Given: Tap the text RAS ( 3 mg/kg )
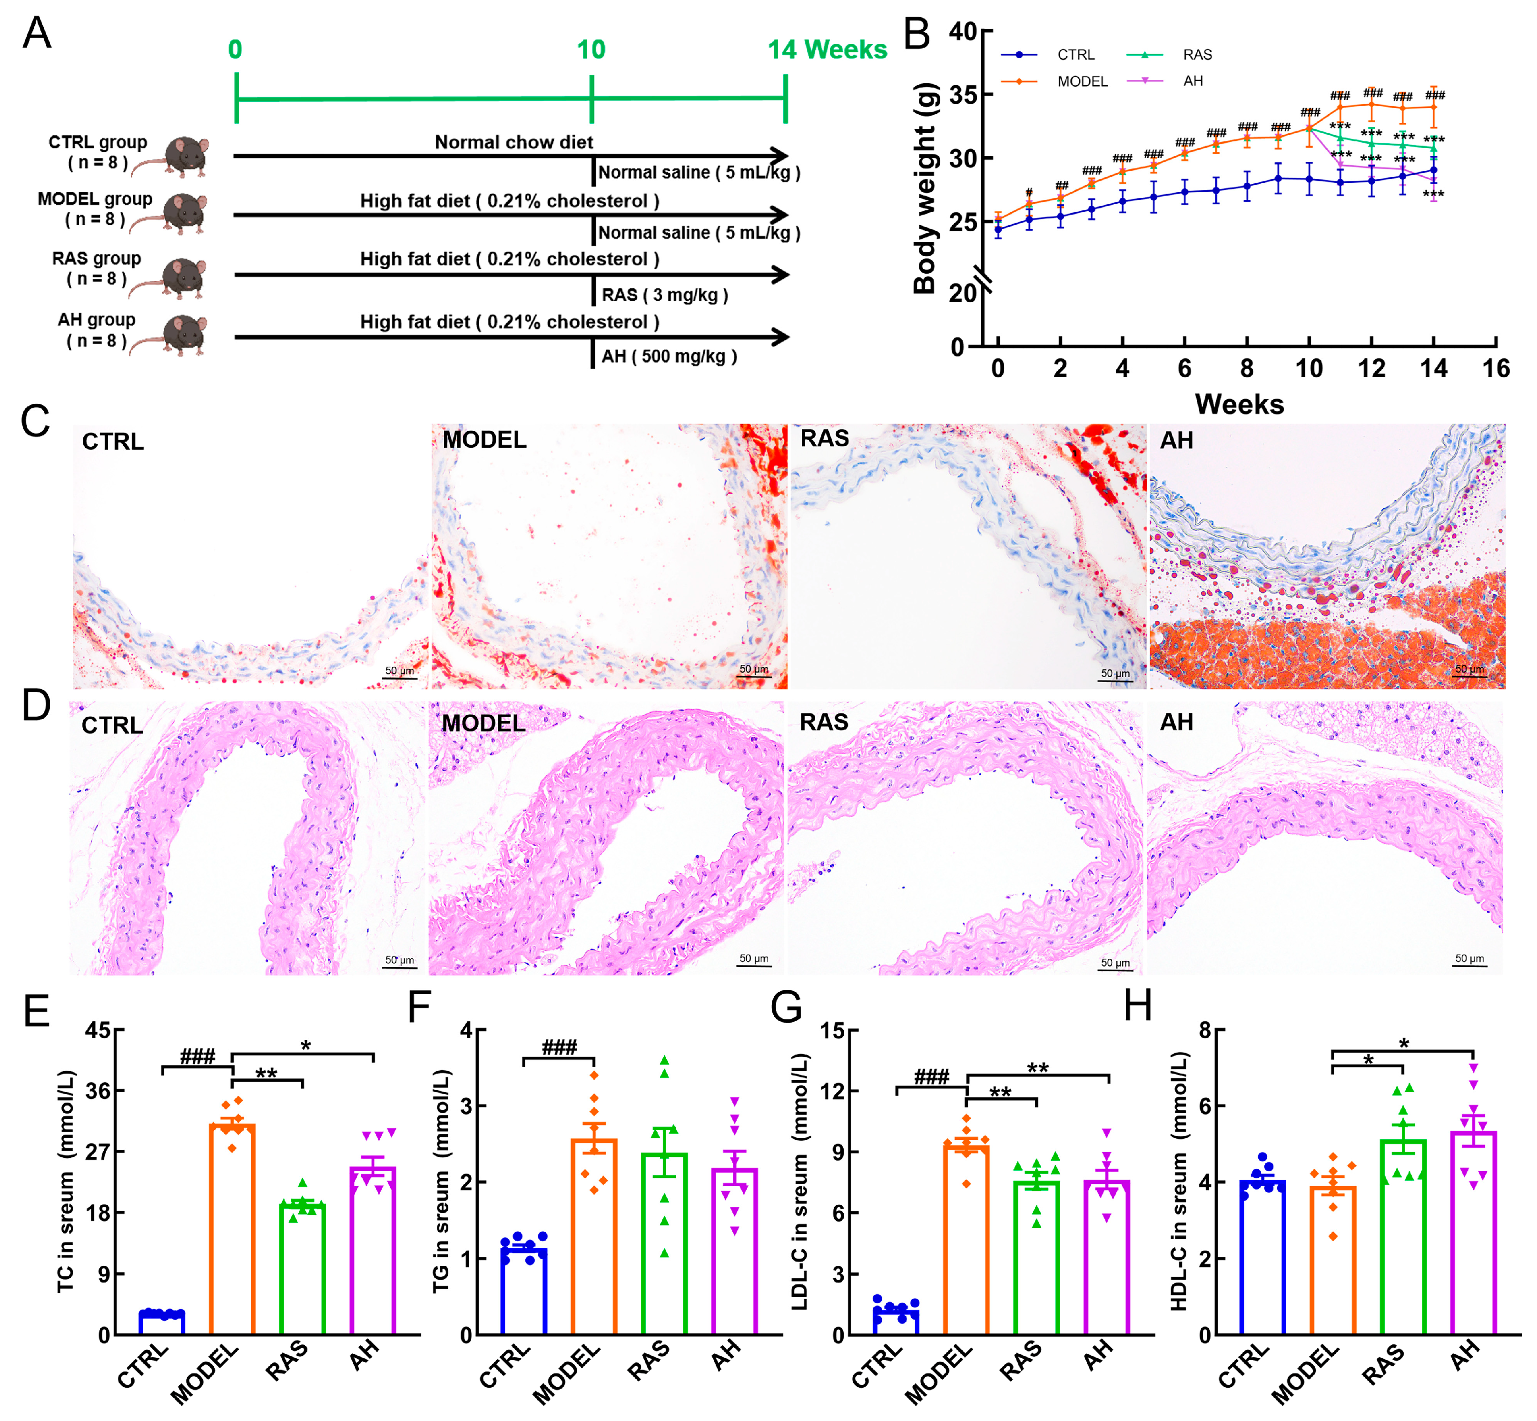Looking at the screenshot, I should (x=664, y=295).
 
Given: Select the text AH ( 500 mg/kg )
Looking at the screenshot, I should (x=669, y=357).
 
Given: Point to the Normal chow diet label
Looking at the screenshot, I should (x=513, y=142).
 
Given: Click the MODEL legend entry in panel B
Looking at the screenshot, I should (x=1082, y=81).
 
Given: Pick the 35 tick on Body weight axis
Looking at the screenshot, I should (x=962, y=95).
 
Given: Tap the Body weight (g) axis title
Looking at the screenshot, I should (x=925, y=188).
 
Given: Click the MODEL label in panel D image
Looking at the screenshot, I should (x=483, y=723).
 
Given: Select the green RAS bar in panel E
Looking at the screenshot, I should (x=302, y=1269).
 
